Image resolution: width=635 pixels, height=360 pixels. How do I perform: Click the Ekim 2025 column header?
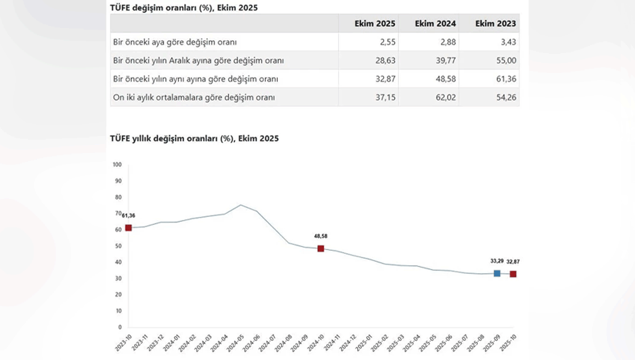click(x=375, y=24)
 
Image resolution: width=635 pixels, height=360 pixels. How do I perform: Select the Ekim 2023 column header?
click(x=496, y=24)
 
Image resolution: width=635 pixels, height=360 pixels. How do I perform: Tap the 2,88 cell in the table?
click(x=447, y=42)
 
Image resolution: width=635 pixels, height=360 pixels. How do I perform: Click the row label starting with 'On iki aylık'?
click(x=194, y=97)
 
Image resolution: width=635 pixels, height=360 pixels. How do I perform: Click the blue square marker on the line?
click(x=497, y=273)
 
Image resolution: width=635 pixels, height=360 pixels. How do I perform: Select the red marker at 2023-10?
click(x=129, y=228)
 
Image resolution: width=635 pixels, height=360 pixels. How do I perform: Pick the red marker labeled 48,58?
click(x=321, y=248)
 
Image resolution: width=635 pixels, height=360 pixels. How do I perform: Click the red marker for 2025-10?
click(x=513, y=274)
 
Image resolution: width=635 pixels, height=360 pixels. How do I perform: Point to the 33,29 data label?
click(x=496, y=261)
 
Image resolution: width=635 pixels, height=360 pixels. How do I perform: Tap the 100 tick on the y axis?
click(x=117, y=165)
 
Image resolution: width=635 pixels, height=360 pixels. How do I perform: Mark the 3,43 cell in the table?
click(x=507, y=42)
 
